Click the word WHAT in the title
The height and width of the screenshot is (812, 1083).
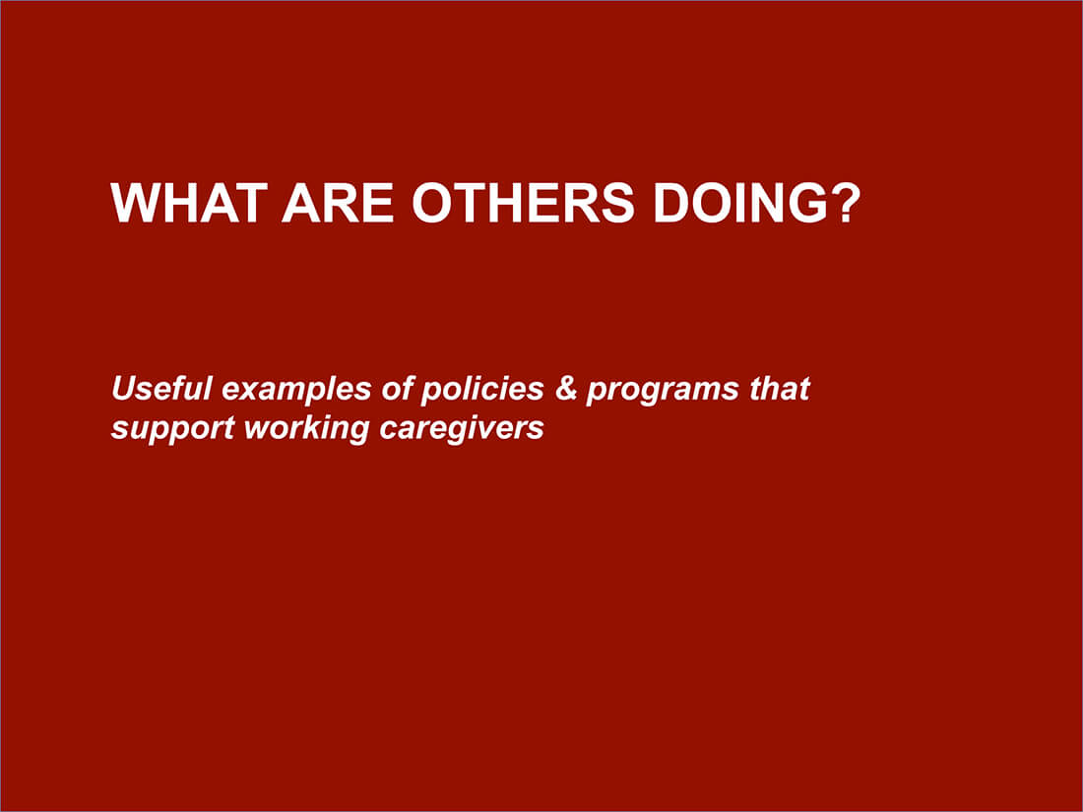click(187, 203)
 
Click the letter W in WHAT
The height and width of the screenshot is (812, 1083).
click(134, 203)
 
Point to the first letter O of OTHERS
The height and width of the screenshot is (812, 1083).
click(431, 203)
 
